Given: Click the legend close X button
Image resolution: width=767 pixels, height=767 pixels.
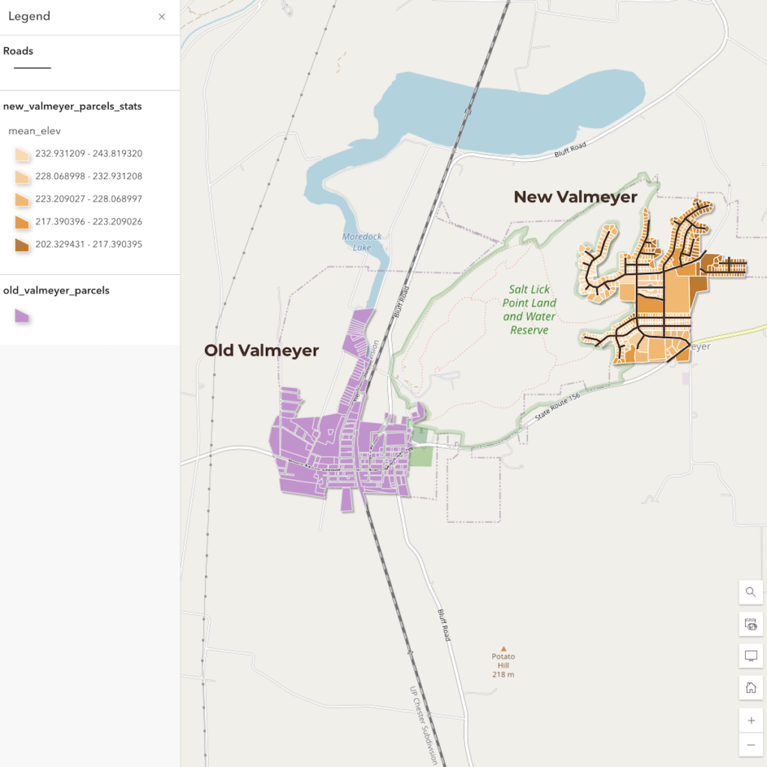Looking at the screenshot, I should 162,16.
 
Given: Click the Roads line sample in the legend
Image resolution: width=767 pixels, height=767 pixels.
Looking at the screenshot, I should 32,68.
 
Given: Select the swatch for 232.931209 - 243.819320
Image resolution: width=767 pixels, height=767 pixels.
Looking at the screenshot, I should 22,154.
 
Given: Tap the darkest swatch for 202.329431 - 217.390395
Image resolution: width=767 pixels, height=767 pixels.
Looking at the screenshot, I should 22,245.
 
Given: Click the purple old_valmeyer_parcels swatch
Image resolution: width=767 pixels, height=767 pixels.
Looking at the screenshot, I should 22,316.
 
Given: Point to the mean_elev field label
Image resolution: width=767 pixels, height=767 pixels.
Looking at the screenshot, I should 34,131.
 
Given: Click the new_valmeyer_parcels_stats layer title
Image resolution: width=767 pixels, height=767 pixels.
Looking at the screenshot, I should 73,106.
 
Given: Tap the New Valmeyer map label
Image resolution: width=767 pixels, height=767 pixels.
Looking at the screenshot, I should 575,197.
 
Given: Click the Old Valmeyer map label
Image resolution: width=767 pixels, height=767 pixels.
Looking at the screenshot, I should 261,351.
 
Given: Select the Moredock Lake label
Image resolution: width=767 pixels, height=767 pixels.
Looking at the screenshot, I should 362,242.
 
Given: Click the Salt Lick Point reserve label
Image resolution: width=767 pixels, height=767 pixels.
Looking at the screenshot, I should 530,309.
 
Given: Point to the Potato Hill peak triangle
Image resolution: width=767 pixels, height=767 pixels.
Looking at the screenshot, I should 503,649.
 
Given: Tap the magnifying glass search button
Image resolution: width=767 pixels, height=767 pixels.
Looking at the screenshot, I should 751,592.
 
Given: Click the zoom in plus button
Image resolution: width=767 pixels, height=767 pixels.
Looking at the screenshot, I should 751,721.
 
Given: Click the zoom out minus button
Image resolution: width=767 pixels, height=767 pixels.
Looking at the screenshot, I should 751,745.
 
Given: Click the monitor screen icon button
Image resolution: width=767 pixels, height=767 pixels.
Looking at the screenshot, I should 751,655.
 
